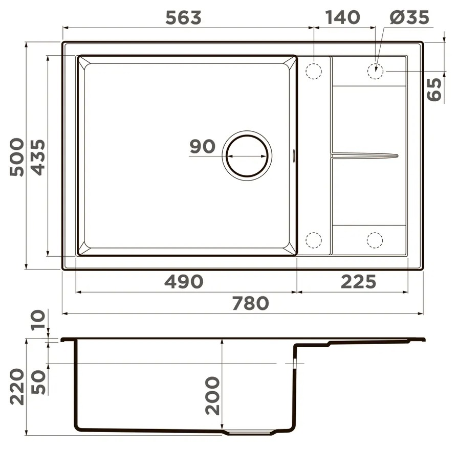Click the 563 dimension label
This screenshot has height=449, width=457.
click(x=183, y=17)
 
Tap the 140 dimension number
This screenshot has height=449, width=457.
click(x=343, y=17)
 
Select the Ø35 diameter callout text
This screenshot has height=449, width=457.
click(x=409, y=17)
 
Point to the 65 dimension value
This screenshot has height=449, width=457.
click(x=434, y=89)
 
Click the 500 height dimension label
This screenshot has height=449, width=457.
click(x=17, y=157)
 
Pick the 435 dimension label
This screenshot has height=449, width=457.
click(x=38, y=157)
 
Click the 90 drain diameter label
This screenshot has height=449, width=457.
click(x=202, y=146)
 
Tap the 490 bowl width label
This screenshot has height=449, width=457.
click(x=184, y=282)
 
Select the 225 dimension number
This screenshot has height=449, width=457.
click(x=359, y=282)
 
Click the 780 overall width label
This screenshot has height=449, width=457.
click(x=250, y=303)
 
